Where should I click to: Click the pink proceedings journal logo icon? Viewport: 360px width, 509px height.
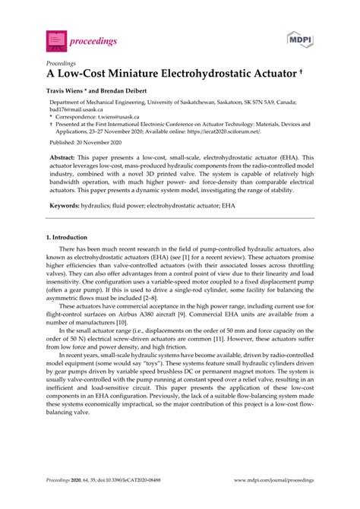(x=55, y=36)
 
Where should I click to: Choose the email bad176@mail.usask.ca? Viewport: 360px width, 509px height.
(x=77, y=109)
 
